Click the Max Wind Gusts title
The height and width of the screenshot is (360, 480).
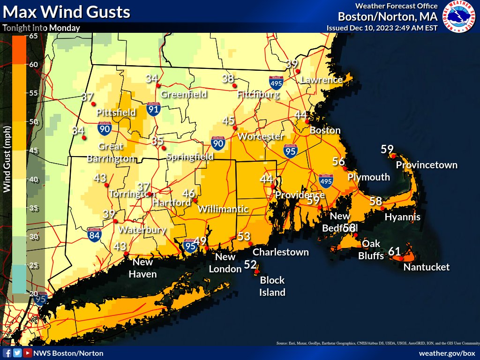click(66, 11)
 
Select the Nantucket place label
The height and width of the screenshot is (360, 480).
click(427, 267)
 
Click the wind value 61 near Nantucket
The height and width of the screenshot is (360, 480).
click(395, 252)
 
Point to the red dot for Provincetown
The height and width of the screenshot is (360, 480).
click(394, 156)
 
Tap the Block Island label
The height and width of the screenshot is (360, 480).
click(272, 286)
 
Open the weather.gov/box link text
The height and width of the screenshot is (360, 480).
click(447, 353)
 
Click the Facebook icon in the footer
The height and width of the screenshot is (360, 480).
click(7, 353)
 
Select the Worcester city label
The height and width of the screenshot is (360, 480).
click(261, 136)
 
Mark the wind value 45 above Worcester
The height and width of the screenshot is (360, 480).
click(228, 121)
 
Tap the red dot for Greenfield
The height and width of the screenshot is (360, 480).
click(158, 85)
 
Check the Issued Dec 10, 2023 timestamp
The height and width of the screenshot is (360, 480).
click(382, 28)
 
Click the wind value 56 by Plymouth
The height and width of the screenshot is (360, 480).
click(338, 161)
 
